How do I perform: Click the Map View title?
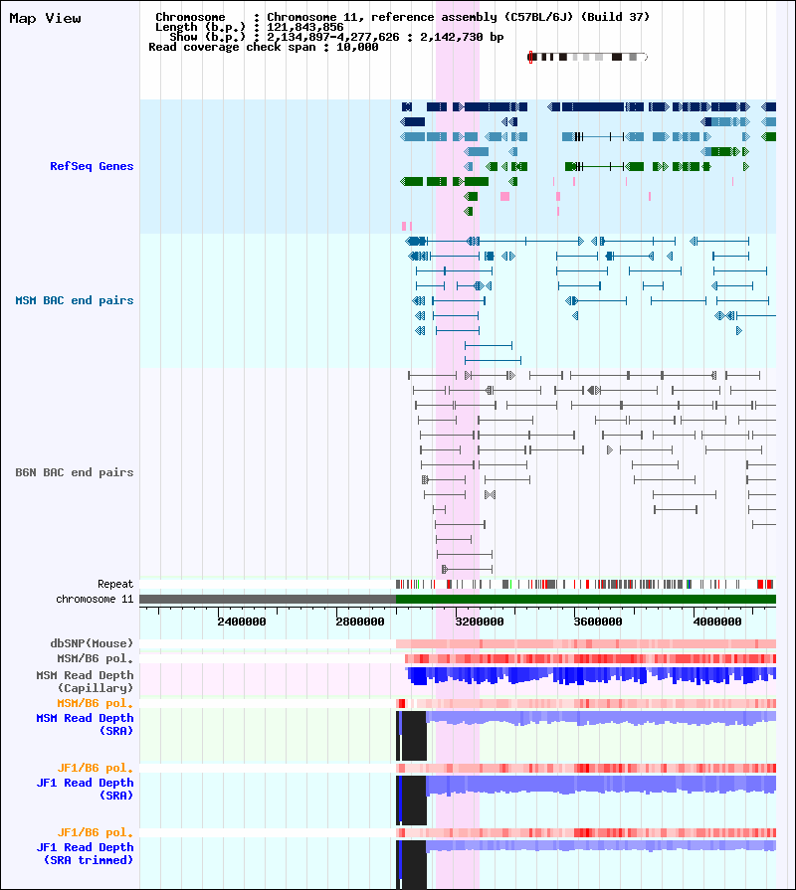[45, 18]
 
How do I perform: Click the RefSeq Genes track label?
[92, 166]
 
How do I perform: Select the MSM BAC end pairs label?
[74, 300]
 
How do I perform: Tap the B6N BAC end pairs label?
[74, 472]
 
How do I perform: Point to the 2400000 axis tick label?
[241, 622]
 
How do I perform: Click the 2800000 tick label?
[360, 622]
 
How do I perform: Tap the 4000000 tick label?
[717, 622]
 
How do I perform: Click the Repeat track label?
[114, 584]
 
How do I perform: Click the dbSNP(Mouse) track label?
[92, 643]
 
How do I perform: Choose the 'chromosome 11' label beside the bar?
[95, 599]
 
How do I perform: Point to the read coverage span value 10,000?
[357, 47]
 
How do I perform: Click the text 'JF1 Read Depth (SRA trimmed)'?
[85, 853]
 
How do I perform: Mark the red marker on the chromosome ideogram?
[531, 58]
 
